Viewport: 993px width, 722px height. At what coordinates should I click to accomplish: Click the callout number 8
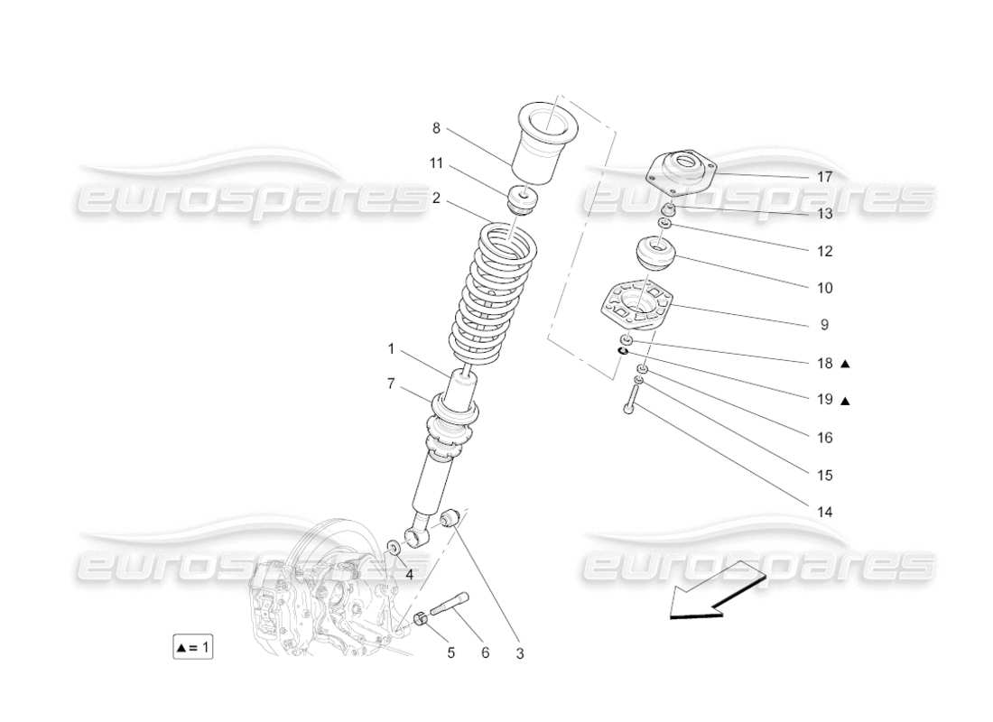tap(436, 128)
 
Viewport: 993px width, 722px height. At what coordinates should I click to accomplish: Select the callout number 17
tap(824, 177)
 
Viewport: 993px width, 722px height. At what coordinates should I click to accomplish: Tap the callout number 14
tap(824, 512)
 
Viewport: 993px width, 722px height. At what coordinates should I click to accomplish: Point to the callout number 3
tap(520, 653)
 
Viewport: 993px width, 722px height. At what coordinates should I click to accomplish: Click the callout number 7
tap(391, 384)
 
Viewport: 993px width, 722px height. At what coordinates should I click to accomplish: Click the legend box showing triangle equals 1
tap(193, 647)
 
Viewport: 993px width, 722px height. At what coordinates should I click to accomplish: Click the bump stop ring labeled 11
tap(523, 199)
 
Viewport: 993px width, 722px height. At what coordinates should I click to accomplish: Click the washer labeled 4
tap(394, 547)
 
